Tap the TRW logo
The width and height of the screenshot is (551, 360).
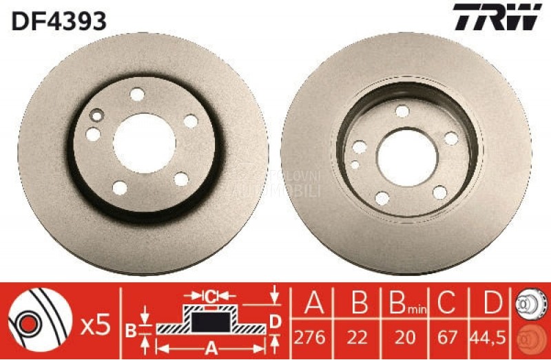[x=497, y=17]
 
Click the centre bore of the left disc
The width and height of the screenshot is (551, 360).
[x=145, y=142]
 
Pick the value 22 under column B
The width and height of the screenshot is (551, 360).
[x=358, y=338]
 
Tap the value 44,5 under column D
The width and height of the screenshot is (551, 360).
[x=490, y=338]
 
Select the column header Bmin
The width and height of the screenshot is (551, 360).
[x=404, y=304]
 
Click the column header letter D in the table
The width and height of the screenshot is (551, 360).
[x=490, y=304]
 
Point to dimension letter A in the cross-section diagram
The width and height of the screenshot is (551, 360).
[x=211, y=346]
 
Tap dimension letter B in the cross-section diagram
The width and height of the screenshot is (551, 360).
[x=131, y=328]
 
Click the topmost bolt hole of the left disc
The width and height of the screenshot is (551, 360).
[x=137, y=94]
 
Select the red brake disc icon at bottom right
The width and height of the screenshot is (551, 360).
[x=531, y=340]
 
